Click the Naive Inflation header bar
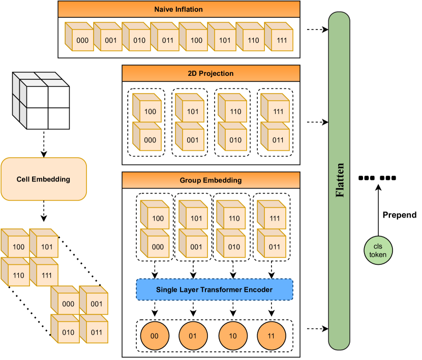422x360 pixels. click(178, 10)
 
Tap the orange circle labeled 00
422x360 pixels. click(153, 336)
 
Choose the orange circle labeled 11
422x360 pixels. click(270, 336)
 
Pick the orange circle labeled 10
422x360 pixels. click(231, 336)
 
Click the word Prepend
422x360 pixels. click(399, 215)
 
